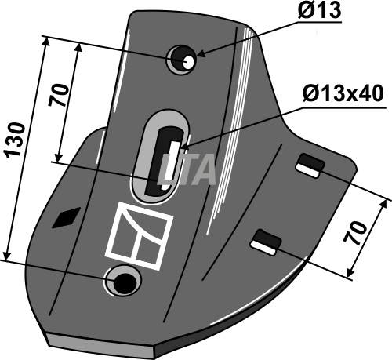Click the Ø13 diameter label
pos(320,10)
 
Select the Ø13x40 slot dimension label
pos(343,94)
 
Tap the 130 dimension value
pos(16,140)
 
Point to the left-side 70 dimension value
pos(58,95)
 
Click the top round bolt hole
pos(181,60)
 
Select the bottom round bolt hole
pos(122,281)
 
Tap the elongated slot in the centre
pos(160,157)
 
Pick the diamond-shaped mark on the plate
pos(67,217)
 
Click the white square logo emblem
pos(139,236)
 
